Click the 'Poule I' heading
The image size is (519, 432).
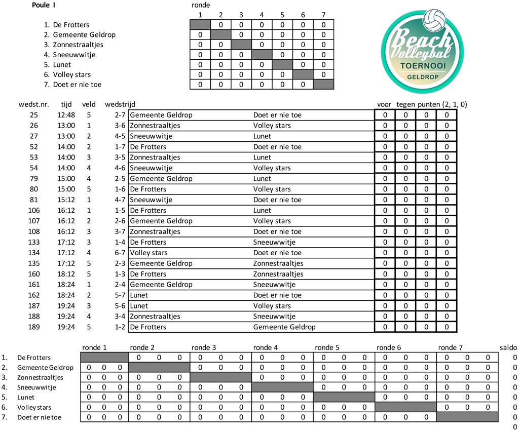click(57, 6)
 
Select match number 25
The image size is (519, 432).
click(34, 115)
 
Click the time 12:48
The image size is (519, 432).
click(66, 115)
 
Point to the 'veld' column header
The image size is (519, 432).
click(89, 104)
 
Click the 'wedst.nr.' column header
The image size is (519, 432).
click(34, 104)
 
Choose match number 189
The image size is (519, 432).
click(34, 327)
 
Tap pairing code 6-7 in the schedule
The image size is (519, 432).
click(121, 253)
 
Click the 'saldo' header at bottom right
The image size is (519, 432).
click(508, 348)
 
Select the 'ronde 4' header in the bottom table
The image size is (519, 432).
click(265, 348)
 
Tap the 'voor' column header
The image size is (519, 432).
click(384, 104)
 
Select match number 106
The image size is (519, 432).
click(34, 210)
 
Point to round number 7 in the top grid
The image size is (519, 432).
click(323, 15)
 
